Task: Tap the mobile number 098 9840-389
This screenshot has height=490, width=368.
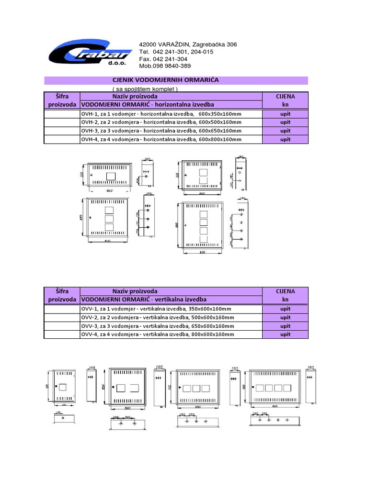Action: pos(165,66)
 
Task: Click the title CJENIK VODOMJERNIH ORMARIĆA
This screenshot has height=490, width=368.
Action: pos(165,80)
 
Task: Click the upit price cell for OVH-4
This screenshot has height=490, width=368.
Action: pos(286,139)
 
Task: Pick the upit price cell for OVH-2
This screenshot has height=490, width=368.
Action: pos(286,122)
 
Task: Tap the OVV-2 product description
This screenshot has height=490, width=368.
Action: pos(158,317)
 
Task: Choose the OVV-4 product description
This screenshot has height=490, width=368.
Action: pos(158,334)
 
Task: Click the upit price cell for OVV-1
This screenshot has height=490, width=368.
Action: pos(286,309)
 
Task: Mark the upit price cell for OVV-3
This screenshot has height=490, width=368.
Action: pos(286,326)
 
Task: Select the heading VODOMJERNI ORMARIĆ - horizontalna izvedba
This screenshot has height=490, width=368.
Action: pos(148,104)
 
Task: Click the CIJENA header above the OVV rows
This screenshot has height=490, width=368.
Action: pos(286,291)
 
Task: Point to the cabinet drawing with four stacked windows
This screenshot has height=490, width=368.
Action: pos(202,223)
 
